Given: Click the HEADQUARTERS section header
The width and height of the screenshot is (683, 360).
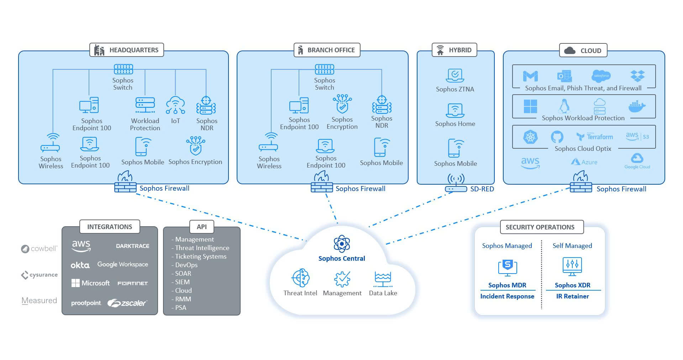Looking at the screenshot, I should pos(127,50).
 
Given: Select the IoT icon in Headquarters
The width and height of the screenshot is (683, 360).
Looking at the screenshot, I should pos(175,105).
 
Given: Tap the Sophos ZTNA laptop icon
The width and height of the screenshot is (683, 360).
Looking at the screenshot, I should pos(455,75).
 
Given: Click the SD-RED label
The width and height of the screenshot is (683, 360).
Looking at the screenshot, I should pos(482,189).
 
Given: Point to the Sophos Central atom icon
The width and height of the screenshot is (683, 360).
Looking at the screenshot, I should pos(342,244).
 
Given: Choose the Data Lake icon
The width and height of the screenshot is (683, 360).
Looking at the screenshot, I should pos(383,279).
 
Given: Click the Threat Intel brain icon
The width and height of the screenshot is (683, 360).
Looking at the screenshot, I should pos(300,278).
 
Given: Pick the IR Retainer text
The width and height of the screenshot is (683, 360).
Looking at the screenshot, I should pos(572,296).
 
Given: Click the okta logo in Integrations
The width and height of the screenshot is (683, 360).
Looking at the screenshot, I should pos(80,265).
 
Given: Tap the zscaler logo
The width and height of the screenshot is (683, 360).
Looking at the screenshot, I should pos(127,303).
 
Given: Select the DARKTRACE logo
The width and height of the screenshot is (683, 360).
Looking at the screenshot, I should pos(132,246).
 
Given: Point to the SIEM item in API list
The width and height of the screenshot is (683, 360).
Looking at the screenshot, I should pos(182,282).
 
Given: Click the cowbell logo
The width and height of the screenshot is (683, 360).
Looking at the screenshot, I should pos(39,249).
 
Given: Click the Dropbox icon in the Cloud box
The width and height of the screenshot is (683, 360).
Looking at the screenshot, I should pos(637,76).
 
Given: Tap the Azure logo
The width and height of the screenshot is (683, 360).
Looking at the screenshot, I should pos(584,162).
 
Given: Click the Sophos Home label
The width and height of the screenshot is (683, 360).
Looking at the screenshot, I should pos(455,124).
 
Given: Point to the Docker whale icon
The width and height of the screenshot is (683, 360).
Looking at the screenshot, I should pos(637,106).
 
